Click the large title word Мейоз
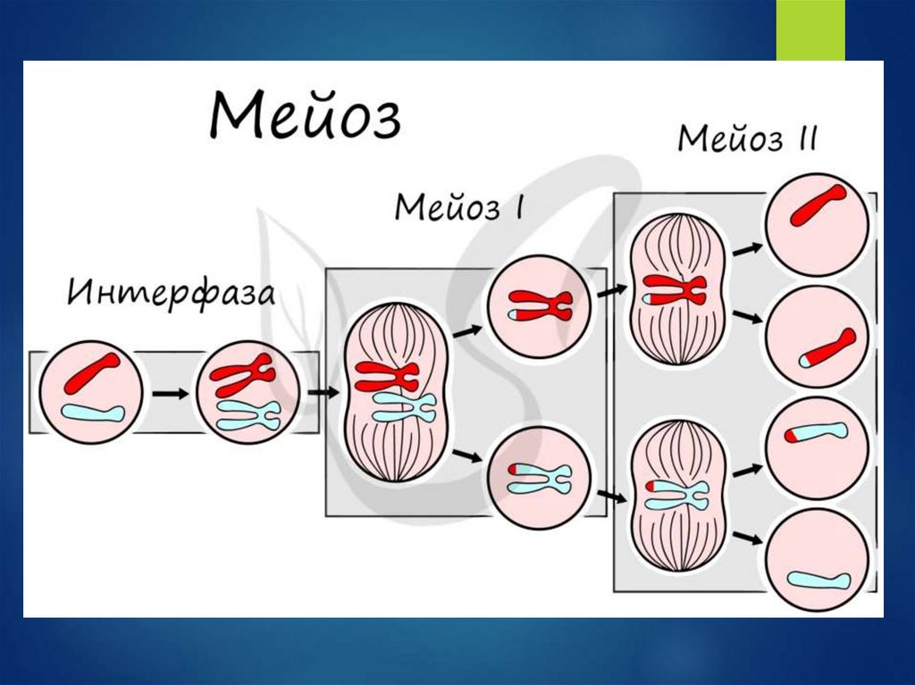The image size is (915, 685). click(x=305, y=116)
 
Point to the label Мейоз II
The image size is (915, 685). click(x=747, y=139)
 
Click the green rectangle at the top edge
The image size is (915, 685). click(x=810, y=29)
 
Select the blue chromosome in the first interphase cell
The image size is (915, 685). click(x=91, y=414)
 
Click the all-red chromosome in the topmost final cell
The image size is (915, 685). click(x=817, y=205)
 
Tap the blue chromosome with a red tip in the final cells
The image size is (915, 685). click(x=816, y=433)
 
